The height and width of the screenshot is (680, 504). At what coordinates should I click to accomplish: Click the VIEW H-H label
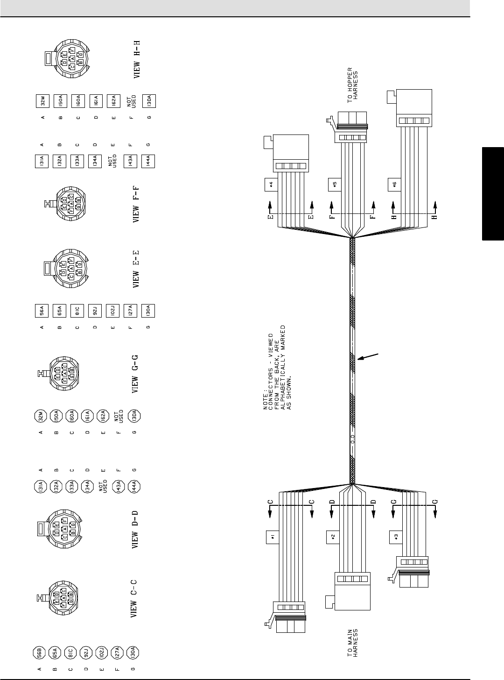click(137, 59)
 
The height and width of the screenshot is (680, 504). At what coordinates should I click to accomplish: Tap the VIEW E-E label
click(136, 269)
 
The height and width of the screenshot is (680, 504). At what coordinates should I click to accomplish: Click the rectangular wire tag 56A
click(42, 311)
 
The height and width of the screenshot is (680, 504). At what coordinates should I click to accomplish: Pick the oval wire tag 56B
click(40, 652)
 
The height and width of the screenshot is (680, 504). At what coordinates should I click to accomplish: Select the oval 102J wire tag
click(102, 652)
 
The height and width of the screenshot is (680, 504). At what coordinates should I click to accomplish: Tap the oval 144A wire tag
click(134, 487)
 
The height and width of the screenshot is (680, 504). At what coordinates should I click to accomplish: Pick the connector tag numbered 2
click(332, 537)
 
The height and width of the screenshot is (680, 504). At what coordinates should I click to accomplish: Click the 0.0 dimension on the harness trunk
click(353, 439)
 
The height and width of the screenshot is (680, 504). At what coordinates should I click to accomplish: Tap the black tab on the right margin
click(493, 194)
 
